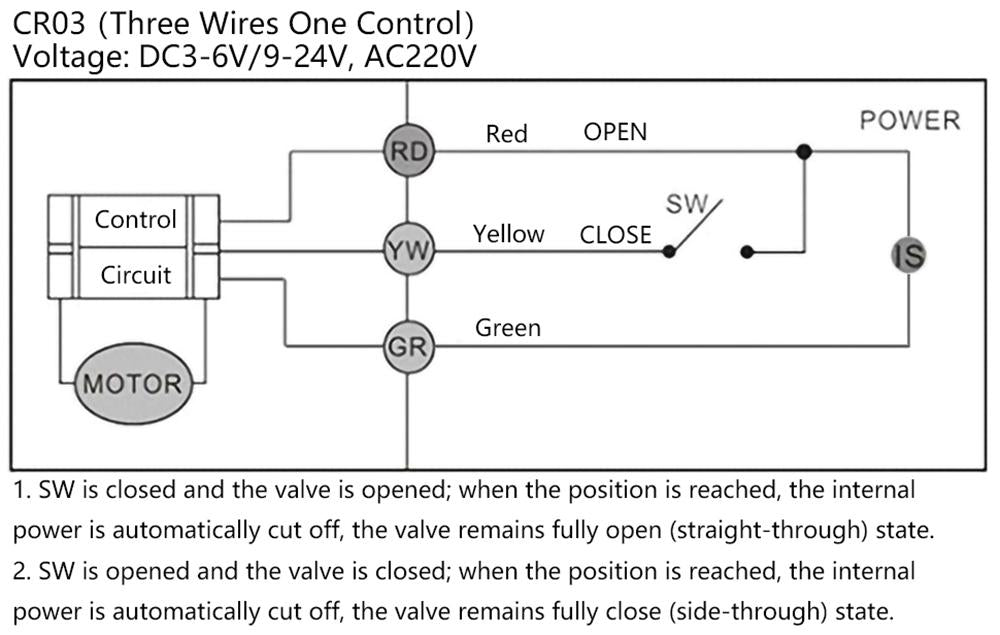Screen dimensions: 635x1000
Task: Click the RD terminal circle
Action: pyautogui.click(x=406, y=152)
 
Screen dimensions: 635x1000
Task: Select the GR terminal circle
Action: pyautogui.click(x=406, y=348)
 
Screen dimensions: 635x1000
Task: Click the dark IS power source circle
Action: pyautogui.click(x=908, y=256)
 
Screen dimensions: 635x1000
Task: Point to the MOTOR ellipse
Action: pyautogui.click(x=132, y=383)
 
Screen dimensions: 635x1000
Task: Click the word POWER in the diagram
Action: pyautogui.click(x=909, y=121)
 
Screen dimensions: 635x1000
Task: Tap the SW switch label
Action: pyautogui.click(x=686, y=204)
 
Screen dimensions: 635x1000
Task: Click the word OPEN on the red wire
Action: pyautogui.click(x=615, y=132)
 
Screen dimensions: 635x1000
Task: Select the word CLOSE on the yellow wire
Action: pyautogui.click(x=615, y=236)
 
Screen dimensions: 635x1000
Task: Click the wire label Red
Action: pyautogui.click(x=506, y=134)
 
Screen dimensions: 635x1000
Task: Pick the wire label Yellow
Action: pyautogui.click(x=508, y=234)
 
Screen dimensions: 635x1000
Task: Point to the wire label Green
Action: pyautogui.click(x=507, y=328)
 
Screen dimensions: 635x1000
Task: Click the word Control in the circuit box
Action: pyautogui.click(x=135, y=219)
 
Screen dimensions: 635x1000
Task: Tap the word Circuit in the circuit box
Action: pyautogui.click(x=135, y=275)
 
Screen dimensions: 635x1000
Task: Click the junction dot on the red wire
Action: pyautogui.click(x=803, y=152)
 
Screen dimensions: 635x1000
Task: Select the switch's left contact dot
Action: pyautogui.click(x=669, y=251)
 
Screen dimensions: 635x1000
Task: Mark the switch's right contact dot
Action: pyautogui.click(x=745, y=251)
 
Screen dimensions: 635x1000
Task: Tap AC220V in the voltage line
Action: pyautogui.click(x=420, y=58)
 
